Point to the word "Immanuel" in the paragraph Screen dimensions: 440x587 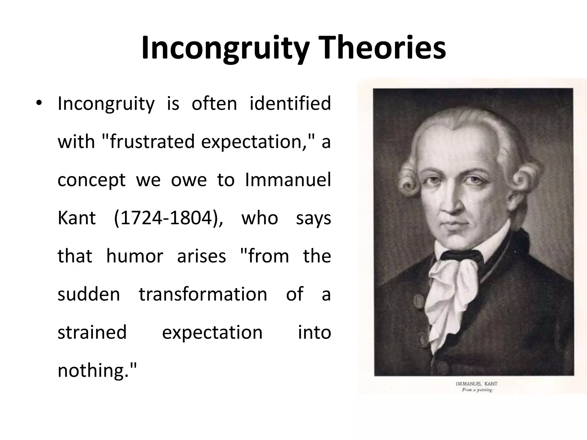(x=288, y=180)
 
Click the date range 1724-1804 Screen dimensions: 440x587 (x=168, y=218)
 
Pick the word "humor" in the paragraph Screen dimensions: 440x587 (x=135, y=256)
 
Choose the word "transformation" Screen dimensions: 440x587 (x=203, y=294)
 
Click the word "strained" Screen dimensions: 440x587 (x=92, y=332)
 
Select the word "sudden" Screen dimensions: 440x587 (x=89, y=294)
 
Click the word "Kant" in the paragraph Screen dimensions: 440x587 (x=77, y=218)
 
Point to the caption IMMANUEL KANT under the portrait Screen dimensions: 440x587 (x=476, y=384)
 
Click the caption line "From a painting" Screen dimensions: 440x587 (x=477, y=390)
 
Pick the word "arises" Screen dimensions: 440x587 (x=201, y=256)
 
